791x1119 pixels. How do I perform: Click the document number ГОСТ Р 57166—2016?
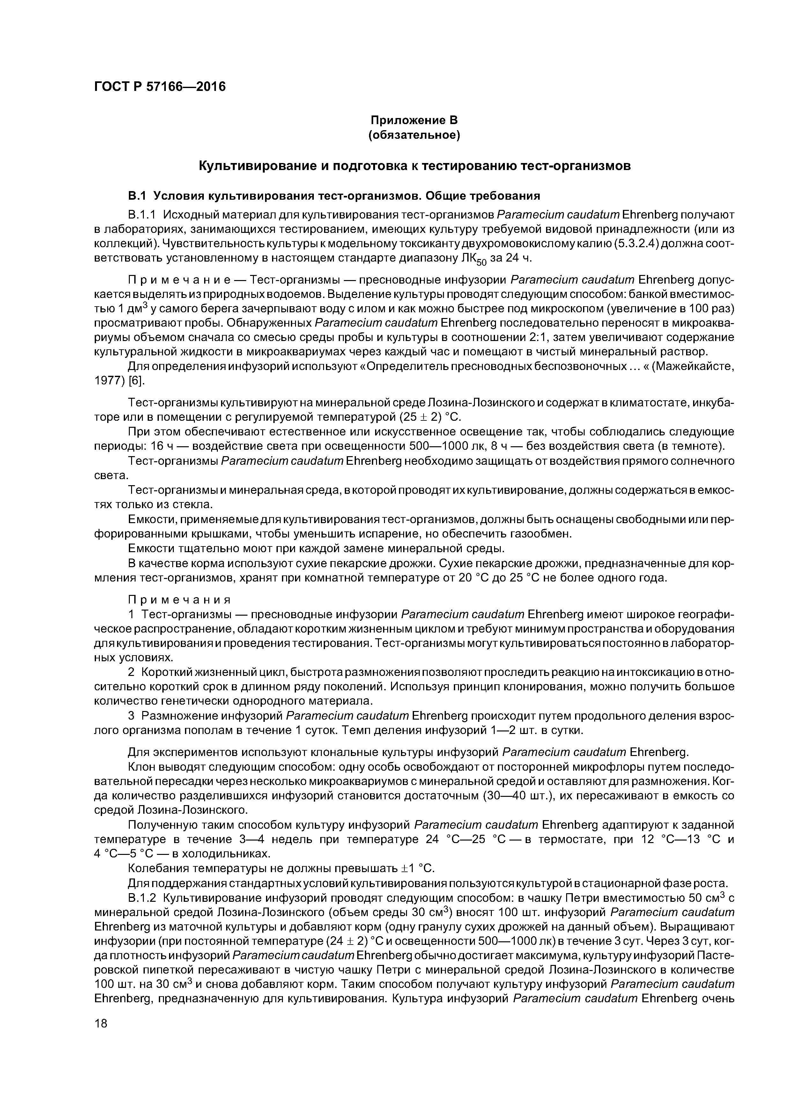(160, 87)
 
